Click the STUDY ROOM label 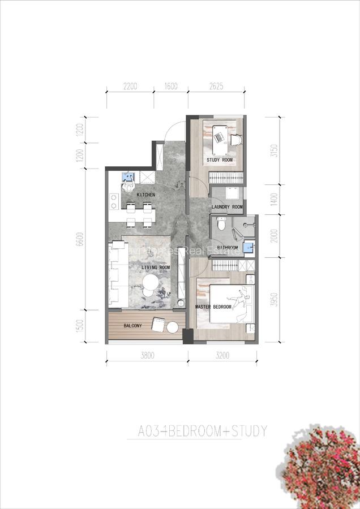tap(220, 160)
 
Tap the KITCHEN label tap(146, 195)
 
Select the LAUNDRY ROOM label tap(227, 208)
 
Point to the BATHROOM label tap(227, 247)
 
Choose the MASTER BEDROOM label tap(213, 307)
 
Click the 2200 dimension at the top tap(130, 87)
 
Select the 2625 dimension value tap(216, 87)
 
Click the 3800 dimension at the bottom tap(147, 356)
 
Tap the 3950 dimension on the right tap(274, 299)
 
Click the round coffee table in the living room tap(151, 283)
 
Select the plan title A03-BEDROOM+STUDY tap(203, 432)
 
